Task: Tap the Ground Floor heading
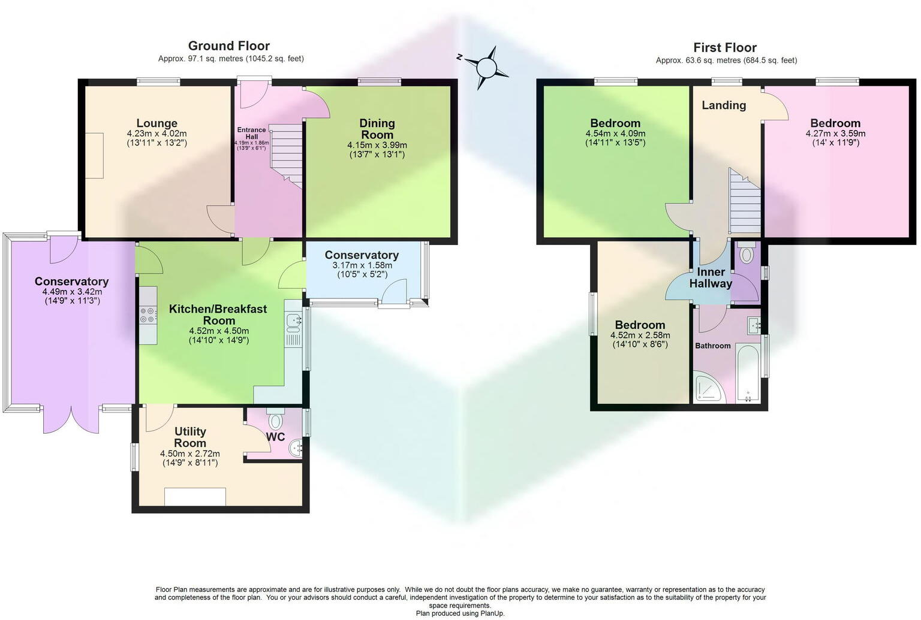click(x=228, y=46)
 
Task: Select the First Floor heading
click(x=725, y=47)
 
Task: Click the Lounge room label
click(x=156, y=123)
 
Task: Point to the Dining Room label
click(x=377, y=129)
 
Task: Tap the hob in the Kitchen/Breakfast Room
click(x=148, y=314)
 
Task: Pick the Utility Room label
click(x=190, y=437)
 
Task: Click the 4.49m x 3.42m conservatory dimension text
click(x=72, y=292)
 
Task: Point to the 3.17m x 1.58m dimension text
click(x=362, y=265)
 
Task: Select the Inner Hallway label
click(x=711, y=278)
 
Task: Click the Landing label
click(x=724, y=105)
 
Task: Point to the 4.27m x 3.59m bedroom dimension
click(x=835, y=134)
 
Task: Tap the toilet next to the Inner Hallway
click(x=747, y=255)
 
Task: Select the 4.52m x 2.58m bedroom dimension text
click(x=640, y=335)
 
